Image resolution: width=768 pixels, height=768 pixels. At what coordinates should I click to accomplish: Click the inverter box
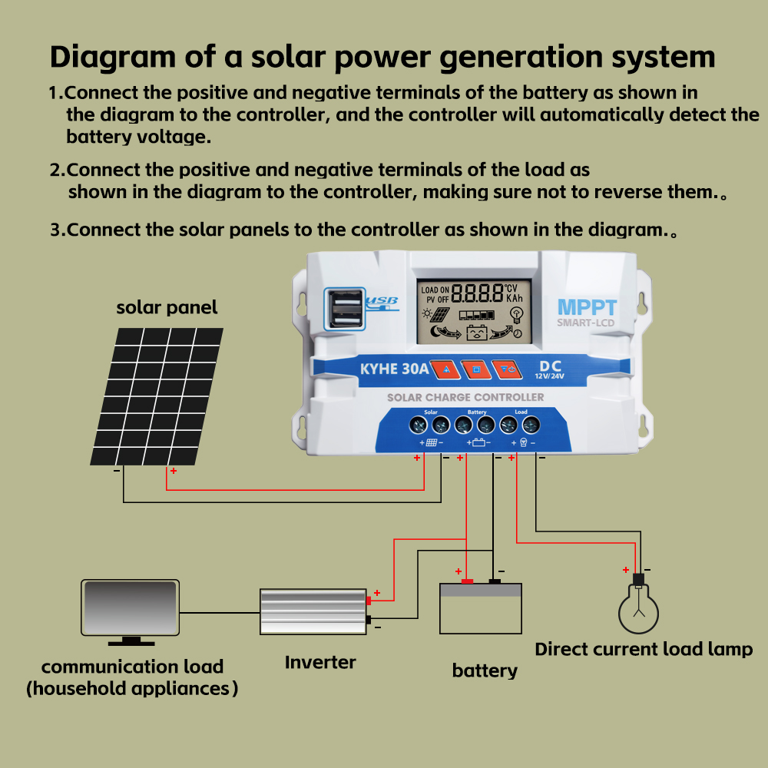pyautogui.click(x=313, y=612)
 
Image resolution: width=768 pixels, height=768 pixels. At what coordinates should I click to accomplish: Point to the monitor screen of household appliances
pyautogui.click(x=130, y=607)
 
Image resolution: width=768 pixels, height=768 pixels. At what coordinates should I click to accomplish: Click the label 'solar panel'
pyautogui.click(x=167, y=308)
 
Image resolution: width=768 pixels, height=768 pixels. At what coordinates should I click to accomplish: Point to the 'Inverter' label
pyautogui.click(x=320, y=662)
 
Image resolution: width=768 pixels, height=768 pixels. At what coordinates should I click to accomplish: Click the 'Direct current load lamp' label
pyautogui.click(x=644, y=650)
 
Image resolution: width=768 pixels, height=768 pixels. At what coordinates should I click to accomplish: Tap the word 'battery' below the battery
pyautogui.click(x=485, y=671)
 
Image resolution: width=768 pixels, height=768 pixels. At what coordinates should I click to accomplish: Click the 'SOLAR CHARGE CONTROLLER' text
pyautogui.click(x=465, y=397)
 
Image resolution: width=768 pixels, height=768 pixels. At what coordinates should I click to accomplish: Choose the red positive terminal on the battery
pyautogui.click(x=467, y=581)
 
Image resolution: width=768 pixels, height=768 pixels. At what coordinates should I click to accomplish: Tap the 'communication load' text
pyautogui.click(x=132, y=667)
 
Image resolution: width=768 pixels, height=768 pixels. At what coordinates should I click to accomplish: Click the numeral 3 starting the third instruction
pyautogui.click(x=55, y=230)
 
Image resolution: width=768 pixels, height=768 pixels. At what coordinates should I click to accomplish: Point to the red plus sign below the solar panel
pyautogui.click(x=174, y=471)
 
